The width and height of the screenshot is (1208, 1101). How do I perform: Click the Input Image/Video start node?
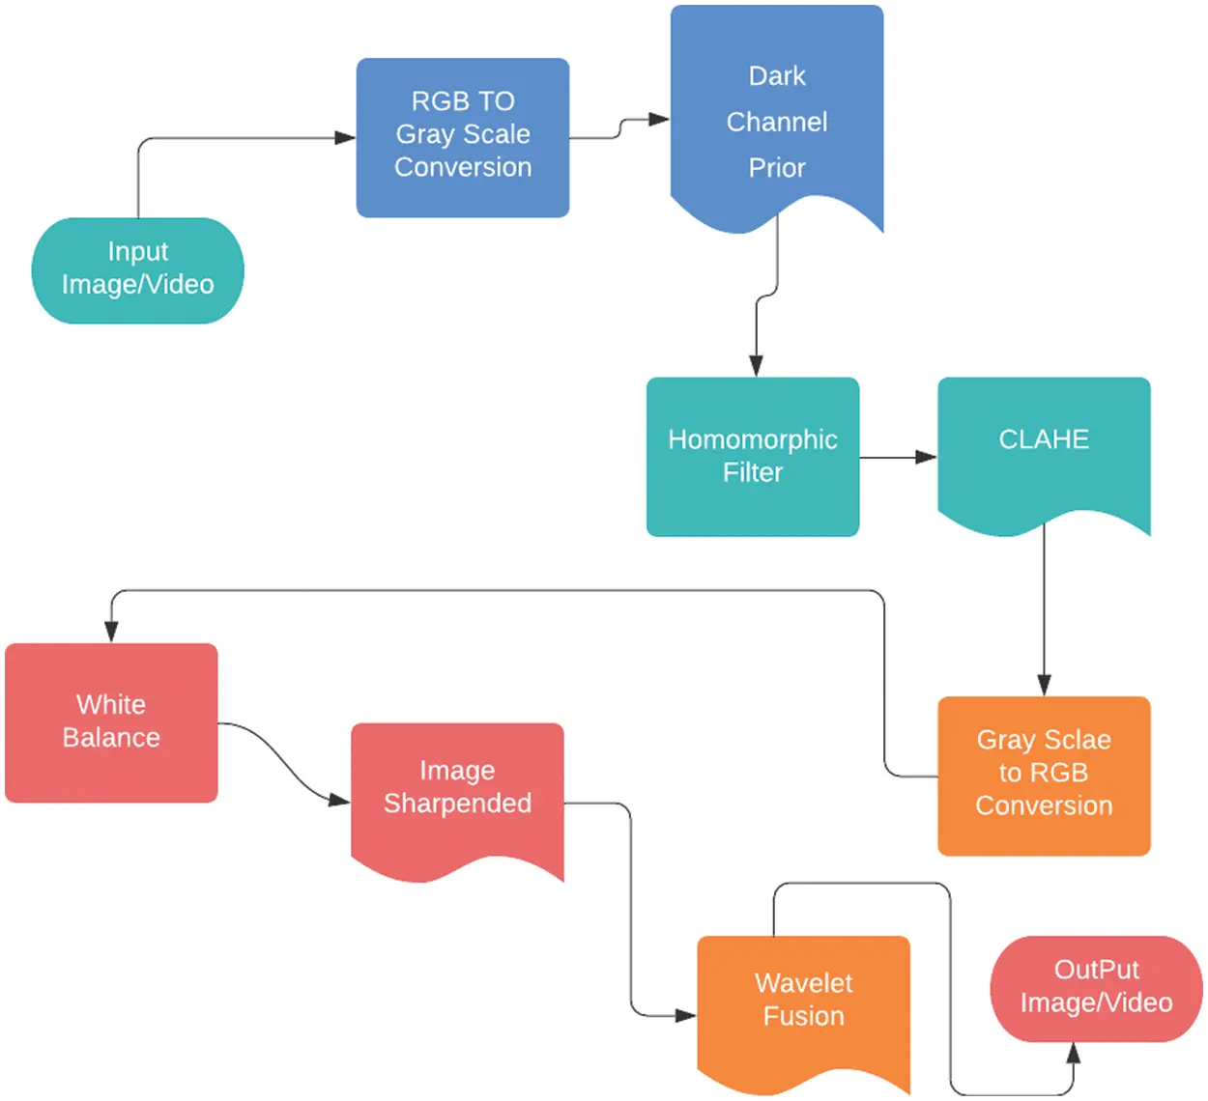point(137,270)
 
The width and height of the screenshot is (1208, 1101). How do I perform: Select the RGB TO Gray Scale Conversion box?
point(463,137)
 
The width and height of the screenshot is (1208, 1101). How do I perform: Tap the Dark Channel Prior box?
point(777,116)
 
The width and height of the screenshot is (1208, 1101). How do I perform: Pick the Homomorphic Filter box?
point(753,456)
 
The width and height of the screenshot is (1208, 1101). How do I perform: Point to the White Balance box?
point(111,721)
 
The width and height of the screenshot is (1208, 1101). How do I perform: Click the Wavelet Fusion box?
point(803,1004)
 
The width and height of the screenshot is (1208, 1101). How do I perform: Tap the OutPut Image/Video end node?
point(1096,988)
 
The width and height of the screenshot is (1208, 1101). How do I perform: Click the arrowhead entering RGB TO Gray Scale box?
point(345,137)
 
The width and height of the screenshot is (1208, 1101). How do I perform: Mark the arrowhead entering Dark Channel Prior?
point(659,120)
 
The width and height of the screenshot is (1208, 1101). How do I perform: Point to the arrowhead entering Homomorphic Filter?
point(756,365)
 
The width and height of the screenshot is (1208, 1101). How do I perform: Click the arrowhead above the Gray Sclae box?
point(1044,685)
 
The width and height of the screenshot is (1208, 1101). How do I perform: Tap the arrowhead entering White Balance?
point(111,632)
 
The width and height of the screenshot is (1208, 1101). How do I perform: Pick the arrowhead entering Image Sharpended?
point(339,800)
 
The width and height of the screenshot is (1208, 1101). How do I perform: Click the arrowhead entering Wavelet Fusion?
point(685,1015)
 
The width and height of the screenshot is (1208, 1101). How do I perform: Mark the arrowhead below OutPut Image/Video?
point(1073,1054)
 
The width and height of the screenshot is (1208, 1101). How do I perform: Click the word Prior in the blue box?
point(777,168)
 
